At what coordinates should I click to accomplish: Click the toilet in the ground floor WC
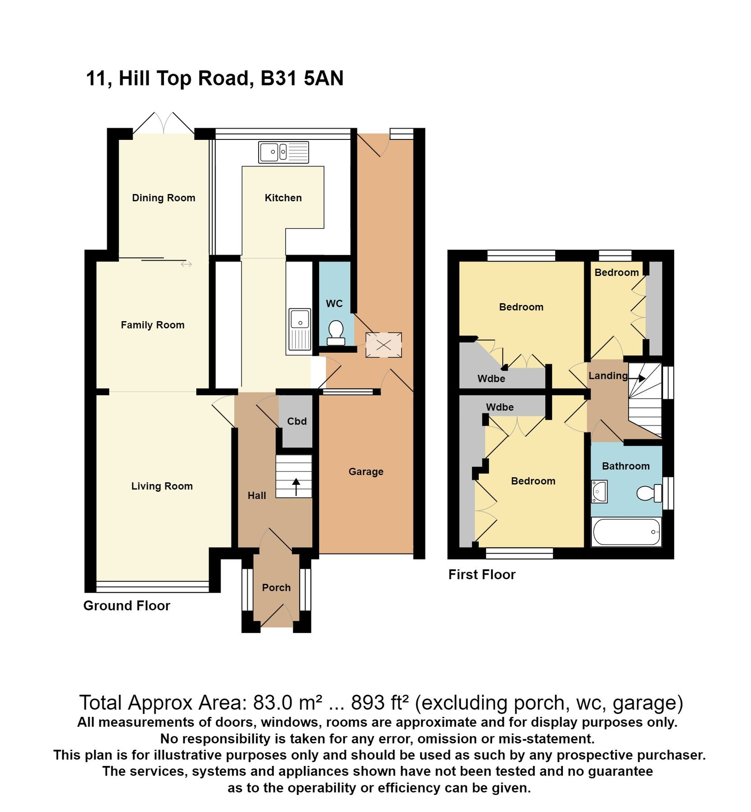(x=335, y=332)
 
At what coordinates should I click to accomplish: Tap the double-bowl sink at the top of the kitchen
(x=283, y=152)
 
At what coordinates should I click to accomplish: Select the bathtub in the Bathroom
(x=626, y=532)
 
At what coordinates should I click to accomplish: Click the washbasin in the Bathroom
(x=599, y=492)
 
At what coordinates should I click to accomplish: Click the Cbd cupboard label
(x=297, y=421)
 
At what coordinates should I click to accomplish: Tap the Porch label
(x=276, y=587)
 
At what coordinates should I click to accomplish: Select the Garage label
(x=366, y=471)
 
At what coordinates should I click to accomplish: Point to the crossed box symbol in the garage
(x=383, y=345)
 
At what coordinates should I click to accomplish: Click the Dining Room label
(x=163, y=198)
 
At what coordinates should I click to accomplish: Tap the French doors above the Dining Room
(x=163, y=123)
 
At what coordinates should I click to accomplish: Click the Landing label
(x=607, y=375)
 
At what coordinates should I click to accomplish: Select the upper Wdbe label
(x=491, y=378)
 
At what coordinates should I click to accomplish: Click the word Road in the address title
(x=223, y=78)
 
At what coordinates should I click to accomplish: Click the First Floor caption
(x=482, y=574)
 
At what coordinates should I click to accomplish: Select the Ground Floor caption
(x=126, y=605)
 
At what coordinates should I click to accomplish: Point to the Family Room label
(x=153, y=325)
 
